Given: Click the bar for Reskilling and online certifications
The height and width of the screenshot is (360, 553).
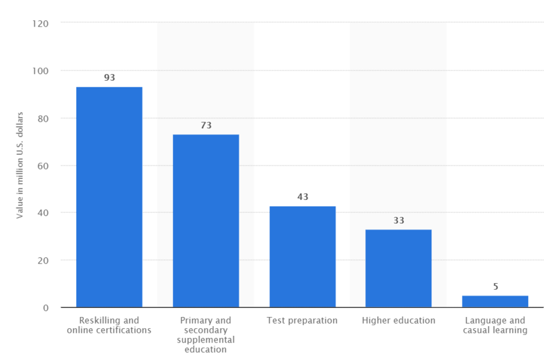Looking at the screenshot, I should click(x=109, y=197).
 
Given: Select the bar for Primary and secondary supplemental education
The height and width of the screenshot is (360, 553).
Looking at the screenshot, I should click(x=206, y=221).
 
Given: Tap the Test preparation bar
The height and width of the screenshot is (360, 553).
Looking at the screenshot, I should click(x=303, y=256).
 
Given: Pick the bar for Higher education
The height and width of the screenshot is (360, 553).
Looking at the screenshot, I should click(x=398, y=268).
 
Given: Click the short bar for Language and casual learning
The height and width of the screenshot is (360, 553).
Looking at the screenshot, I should click(x=495, y=301).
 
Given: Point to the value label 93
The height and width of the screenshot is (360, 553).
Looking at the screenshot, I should click(x=109, y=77).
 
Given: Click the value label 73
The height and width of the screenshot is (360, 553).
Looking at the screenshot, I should click(x=206, y=125).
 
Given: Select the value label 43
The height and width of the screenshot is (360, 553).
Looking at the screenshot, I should click(x=303, y=197).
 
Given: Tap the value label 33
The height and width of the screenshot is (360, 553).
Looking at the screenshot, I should click(x=398, y=221).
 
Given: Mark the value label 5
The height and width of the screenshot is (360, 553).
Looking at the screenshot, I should click(x=495, y=286).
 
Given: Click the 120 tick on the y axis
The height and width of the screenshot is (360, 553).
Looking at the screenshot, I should click(x=40, y=23).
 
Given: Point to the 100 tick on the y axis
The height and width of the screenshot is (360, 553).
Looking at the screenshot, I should click(x=40, y=70).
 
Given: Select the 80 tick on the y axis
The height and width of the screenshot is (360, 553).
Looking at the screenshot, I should click(x=43, y=118).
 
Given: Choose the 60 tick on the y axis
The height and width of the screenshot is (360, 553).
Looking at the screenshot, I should click(x=43, y=165).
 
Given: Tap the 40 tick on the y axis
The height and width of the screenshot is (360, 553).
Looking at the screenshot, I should click(x=43, y=213).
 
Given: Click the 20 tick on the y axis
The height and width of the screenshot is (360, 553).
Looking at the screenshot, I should click(x=43, y=260).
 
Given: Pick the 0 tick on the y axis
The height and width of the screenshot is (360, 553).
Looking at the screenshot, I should click(x=46, y=307).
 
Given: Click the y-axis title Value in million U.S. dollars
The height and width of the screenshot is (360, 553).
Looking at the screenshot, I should click(x=20, y=165).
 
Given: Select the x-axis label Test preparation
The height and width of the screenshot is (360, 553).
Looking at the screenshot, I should click(x=303, y=320).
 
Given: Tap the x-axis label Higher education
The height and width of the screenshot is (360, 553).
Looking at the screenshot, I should click(x=398, y=320).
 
